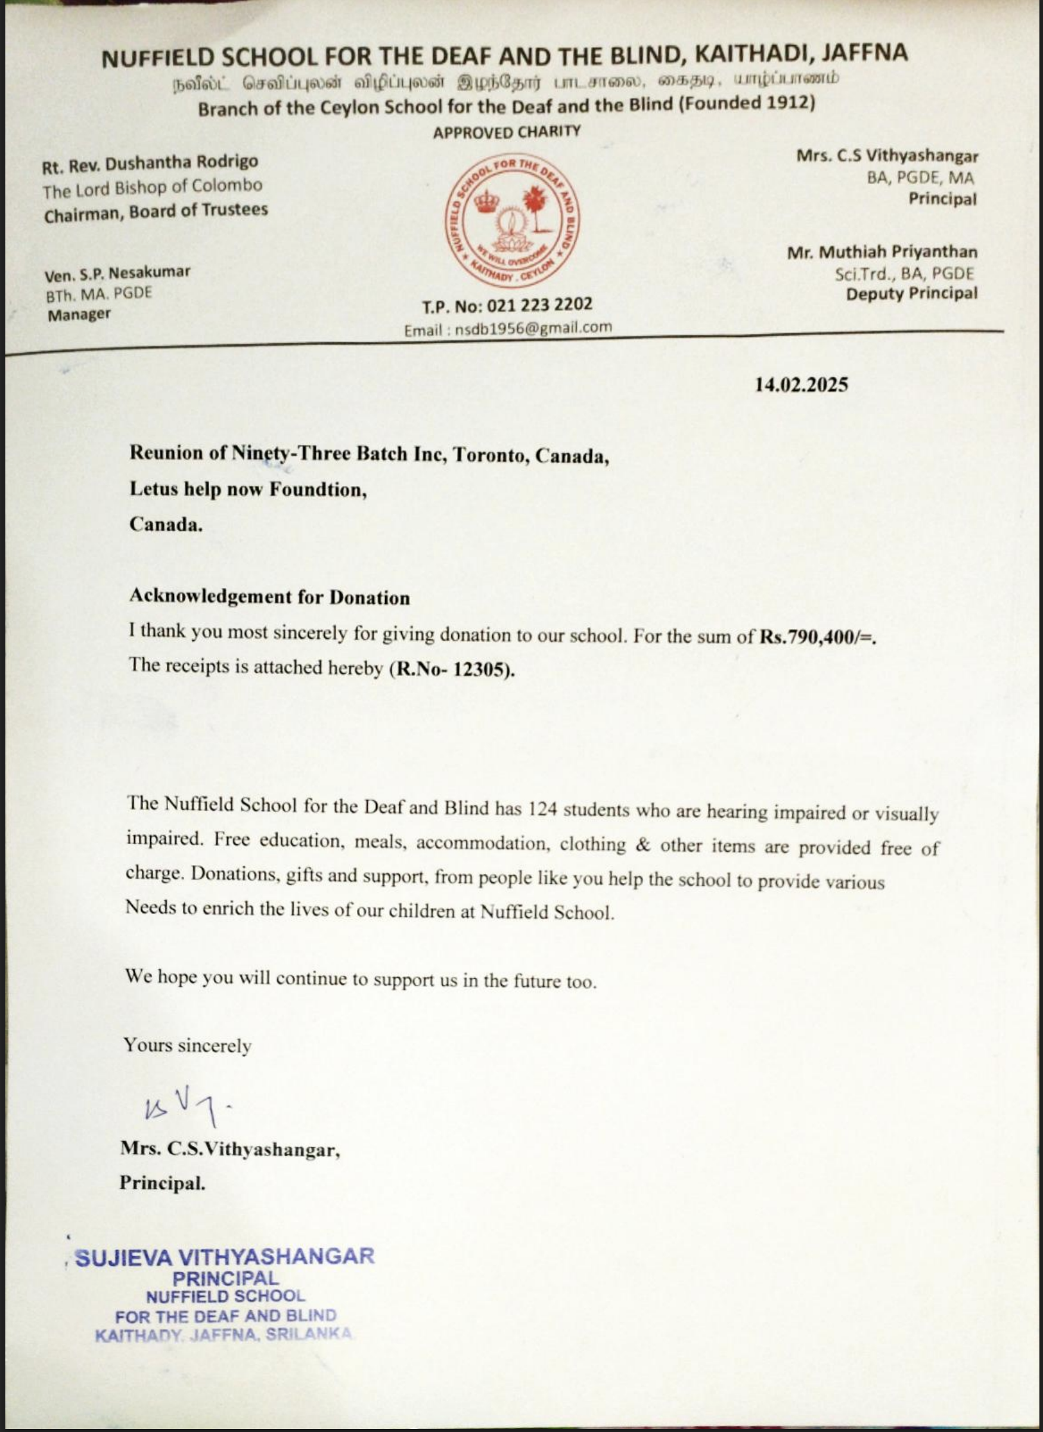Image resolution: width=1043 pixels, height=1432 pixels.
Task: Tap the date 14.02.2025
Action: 801,385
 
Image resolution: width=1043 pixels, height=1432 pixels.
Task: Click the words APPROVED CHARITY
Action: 507,132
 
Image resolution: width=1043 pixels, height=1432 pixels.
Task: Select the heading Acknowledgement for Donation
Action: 269,597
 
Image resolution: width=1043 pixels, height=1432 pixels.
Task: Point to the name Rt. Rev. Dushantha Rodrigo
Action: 150,164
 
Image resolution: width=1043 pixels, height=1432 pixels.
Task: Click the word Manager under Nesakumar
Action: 79,314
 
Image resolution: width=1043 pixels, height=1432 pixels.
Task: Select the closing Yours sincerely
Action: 188,1046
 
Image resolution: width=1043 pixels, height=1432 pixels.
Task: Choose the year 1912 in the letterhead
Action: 778,103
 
